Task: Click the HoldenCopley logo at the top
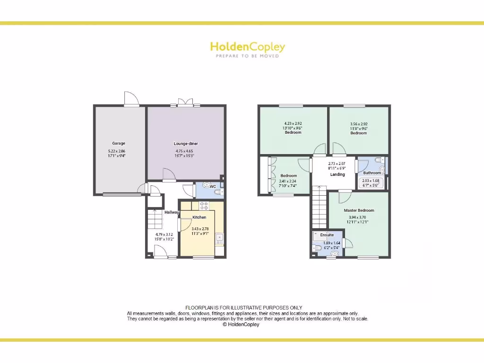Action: (247, 47)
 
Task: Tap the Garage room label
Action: (119, 143)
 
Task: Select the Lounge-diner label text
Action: (185, 143)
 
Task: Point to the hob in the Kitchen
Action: (204, 205)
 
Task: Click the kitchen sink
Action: (219, 237)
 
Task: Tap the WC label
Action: (213, 187)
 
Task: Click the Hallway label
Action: (172, 212)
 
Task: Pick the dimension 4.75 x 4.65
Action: (185, 151)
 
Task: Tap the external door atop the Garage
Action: (131, 99)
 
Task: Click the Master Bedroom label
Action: (359, 210)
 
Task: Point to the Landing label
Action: (337, 174)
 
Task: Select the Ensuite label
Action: (327, 235)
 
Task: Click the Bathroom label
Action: (372, 173)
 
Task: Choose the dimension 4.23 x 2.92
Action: (293, 124)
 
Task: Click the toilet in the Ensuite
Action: (317, 248)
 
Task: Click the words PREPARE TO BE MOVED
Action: (247, 56)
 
